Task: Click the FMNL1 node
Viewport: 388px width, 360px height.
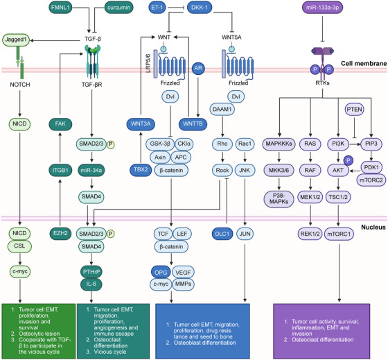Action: [x=60, y=8]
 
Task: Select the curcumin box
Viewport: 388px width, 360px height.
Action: [x=118, y=8]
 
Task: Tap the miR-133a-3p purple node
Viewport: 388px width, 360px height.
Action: [x=322, y=8]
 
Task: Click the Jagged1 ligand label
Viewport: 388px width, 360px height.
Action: [x=16, y=40]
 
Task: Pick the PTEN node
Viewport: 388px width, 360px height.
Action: [x=354, y=110]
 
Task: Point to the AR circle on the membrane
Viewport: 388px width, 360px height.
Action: [x=198, y=68]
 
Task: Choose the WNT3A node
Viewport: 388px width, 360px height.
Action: [x=141, y=123]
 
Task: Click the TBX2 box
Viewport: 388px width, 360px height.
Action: [x=141, y=170]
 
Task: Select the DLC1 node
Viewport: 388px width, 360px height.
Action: [x=222, y=234]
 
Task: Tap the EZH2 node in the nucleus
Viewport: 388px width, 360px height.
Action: [x=60, y=233]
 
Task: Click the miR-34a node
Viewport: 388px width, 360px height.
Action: [x=91, y=170]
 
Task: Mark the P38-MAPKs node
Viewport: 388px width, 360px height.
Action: [x=279, y=198]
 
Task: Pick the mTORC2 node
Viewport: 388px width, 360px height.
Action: [x=371, y=180]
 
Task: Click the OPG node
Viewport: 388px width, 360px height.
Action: [x=161, y=273]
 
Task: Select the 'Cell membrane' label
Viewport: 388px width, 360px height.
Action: [x=364, y=63]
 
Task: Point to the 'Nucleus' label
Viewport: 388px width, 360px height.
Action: [x=373, y=228]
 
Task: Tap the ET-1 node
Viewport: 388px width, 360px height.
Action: [x=157, y=8]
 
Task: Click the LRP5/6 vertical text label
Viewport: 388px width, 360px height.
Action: [x=148, y=63]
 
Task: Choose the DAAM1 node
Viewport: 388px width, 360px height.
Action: [x=222, y=109]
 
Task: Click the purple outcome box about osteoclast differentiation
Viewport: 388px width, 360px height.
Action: [x=321, y=332]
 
